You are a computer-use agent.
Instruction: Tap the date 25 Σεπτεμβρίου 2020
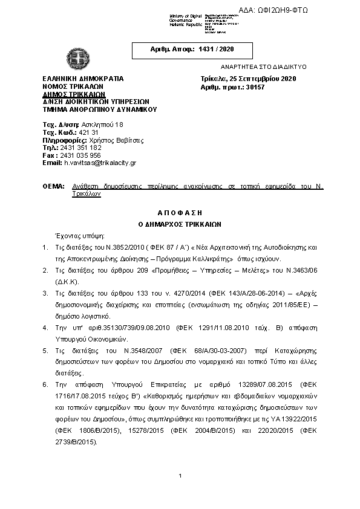point(266,79)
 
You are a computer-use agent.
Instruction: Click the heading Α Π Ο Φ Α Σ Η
point(180,213)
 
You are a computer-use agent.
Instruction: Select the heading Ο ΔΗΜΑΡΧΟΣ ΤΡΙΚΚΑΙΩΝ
point(180,223)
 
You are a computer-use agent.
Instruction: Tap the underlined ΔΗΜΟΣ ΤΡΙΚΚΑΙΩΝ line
point(74,94)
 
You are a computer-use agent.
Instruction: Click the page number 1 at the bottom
point(180,477)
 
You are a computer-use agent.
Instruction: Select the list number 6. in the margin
point(46,384)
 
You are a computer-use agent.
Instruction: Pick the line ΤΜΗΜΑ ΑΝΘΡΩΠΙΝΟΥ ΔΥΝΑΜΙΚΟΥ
point(100,110)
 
